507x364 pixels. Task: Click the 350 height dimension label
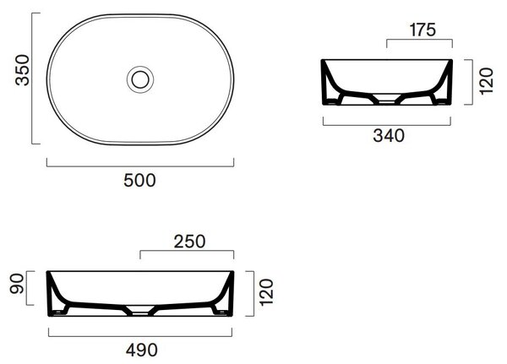coord(22,70)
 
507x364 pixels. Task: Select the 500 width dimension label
coord(139,181)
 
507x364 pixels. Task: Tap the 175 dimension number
coord(422,30)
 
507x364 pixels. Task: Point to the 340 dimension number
coord(389,135)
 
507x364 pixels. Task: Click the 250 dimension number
coord(189,242)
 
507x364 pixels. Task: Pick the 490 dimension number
coord(142,350)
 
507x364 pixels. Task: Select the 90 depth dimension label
coord(17,284)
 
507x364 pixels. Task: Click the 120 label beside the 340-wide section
coord(487,81)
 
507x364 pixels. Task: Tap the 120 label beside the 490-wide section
coord(266,292)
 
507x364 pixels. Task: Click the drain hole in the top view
coord(140,79)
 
